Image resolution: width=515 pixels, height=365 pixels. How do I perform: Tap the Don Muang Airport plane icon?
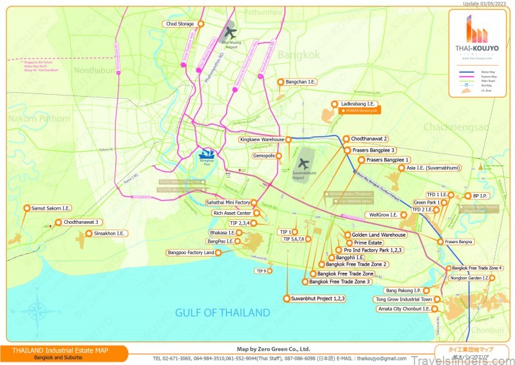tap(230, 32)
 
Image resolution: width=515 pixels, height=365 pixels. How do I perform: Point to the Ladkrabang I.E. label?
tap(358, 104)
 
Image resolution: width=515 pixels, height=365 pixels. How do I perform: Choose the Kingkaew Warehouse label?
tap(262, 139)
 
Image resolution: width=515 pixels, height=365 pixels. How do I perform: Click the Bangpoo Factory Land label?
tap(191, 253)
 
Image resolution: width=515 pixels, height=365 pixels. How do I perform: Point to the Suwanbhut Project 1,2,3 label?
tap(318, 299)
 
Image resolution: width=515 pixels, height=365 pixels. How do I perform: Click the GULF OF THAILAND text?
tap(223, 313)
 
